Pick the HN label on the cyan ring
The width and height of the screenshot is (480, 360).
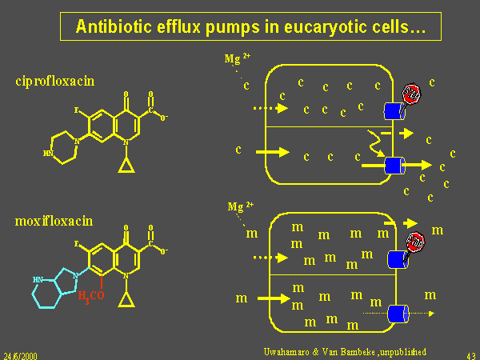pyautogui.click(x=38, y=280)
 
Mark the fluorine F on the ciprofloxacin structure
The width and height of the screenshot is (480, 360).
pyautogui.click(x=76, y=110)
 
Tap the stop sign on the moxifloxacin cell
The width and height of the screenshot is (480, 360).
pyautogui.click(x=414, y=241)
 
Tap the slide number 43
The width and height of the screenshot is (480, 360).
pyautogui.click(x=470, y=353)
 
